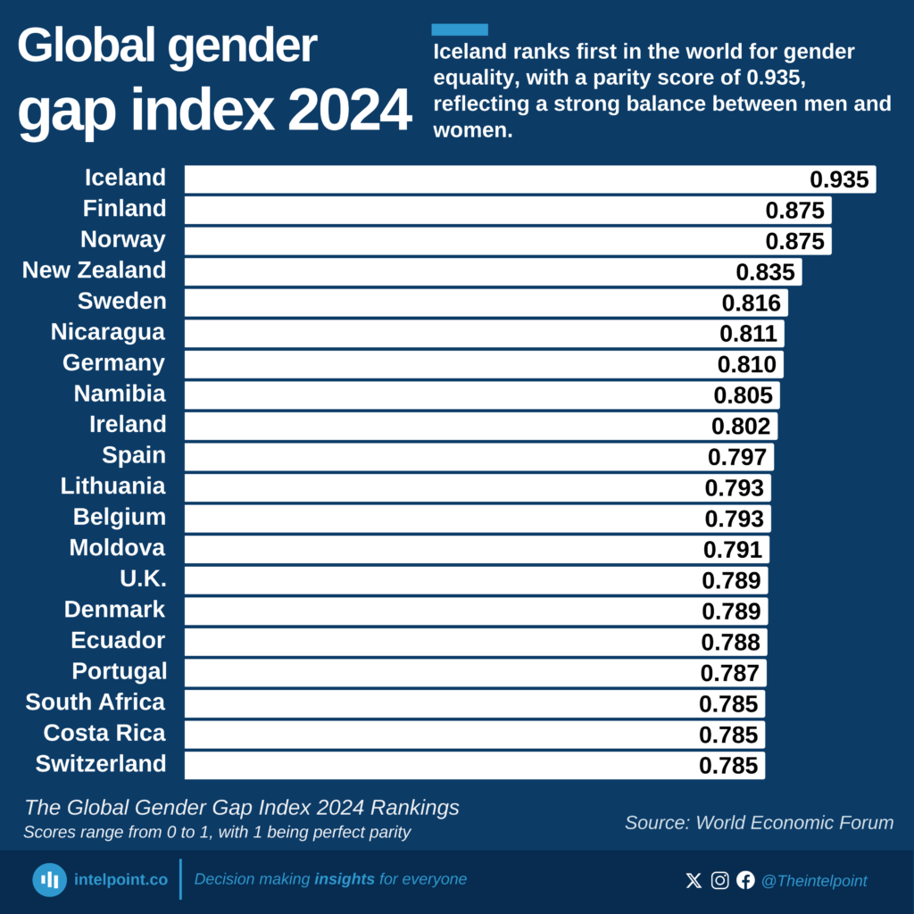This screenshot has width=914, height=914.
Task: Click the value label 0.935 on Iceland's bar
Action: tap(839, 179)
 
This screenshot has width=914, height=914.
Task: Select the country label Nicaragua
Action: tap(108, 332)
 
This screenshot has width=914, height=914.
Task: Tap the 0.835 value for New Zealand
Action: tap(765, 271)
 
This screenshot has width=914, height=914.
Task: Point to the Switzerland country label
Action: tap(101, 764)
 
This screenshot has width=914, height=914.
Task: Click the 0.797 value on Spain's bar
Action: tap(736, 457)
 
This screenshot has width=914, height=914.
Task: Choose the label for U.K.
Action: tap(143, 579)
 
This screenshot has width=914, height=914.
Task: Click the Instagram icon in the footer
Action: tap(719, 880)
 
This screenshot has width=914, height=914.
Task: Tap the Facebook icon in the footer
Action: tap(745, 880)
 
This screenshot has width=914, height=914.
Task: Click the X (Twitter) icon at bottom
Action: tap(694, 880)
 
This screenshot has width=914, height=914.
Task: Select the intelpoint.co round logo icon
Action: tap(50, 879)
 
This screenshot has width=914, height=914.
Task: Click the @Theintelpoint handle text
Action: tap(813, 881)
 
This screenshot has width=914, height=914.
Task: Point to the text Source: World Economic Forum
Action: tap(759, 822)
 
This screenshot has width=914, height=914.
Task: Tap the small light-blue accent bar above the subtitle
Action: tap(459, 29)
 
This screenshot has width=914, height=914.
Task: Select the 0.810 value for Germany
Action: tap(747, 364)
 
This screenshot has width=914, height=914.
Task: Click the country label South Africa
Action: tap(96, 702)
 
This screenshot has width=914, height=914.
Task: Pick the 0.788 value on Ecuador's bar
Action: tap(730, 642)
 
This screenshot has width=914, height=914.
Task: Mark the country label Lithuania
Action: tap(113, 486)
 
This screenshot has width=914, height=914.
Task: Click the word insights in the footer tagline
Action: tap(345, 879)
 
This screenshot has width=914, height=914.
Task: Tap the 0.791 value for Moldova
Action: tap(733, 549)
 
